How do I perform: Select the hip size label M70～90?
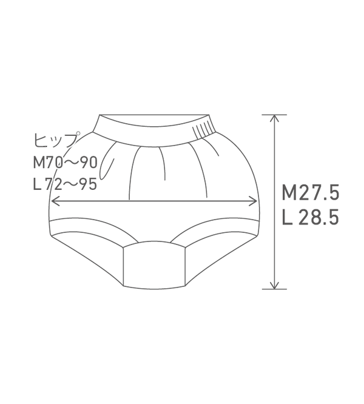pos(65,163)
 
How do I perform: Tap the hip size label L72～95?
pos(65,184)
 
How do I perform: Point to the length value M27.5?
pos(310,192)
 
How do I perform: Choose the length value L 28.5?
pos(310,217)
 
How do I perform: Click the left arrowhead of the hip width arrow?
pos(56,201)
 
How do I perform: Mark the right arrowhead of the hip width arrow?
pos(253,201)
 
